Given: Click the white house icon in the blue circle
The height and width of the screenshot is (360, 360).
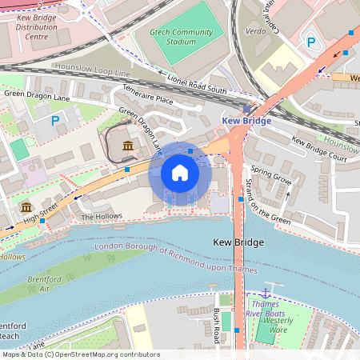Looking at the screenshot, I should [180, 173].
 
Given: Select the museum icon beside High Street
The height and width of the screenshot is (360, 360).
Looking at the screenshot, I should [26, 206].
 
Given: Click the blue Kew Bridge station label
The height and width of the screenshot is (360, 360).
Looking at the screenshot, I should [245, 121].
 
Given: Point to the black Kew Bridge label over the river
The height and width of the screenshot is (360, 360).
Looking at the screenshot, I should [238, 241].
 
